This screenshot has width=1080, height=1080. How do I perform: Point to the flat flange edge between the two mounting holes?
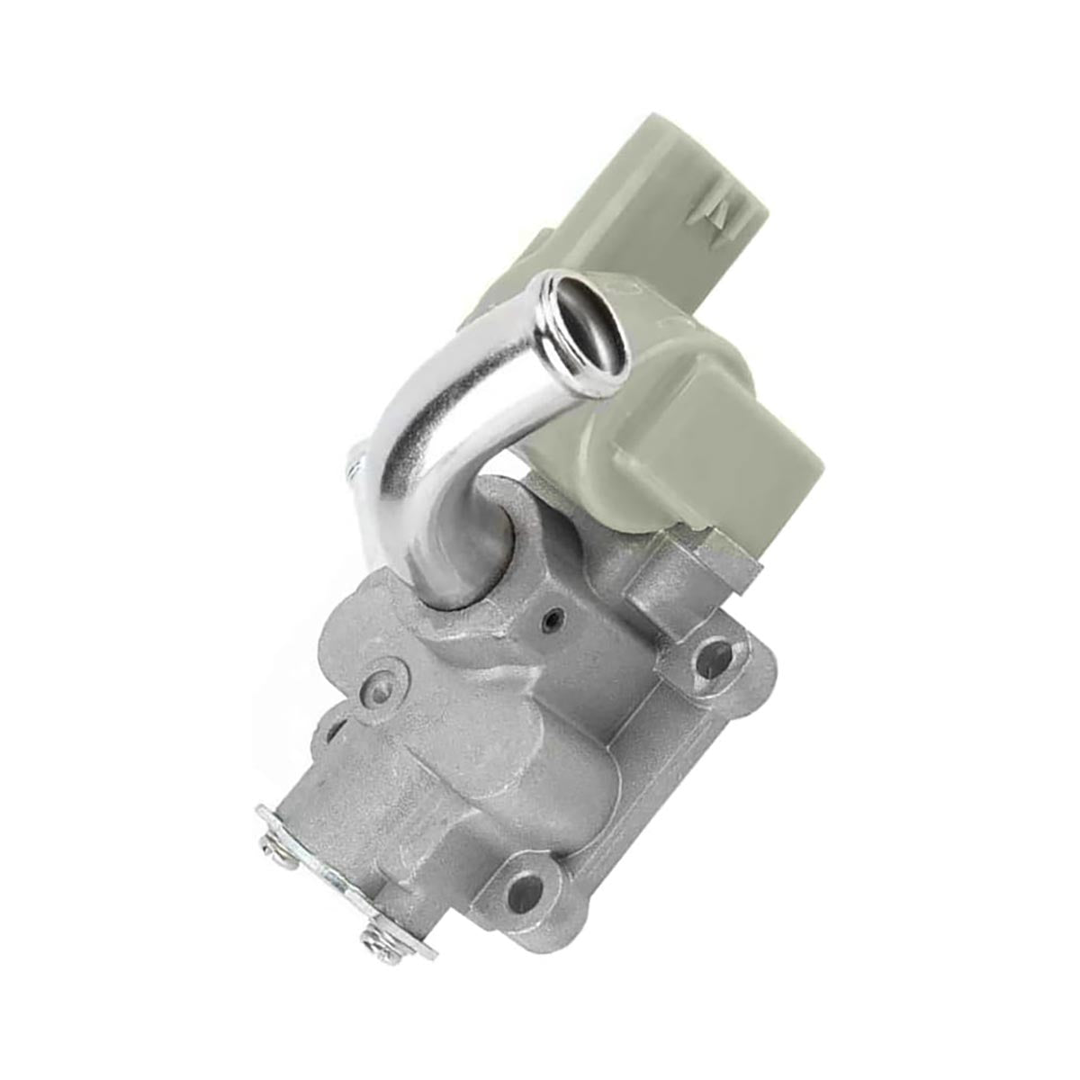648,783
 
